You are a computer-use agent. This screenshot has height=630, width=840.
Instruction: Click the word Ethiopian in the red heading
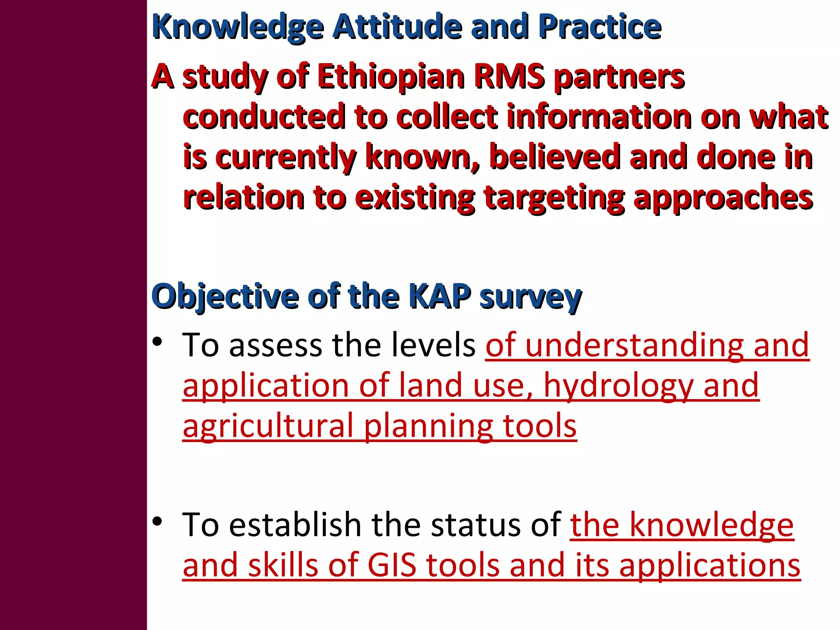390,77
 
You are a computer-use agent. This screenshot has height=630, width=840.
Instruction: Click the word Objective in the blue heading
225,296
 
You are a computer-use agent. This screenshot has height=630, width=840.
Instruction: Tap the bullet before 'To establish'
157,521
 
